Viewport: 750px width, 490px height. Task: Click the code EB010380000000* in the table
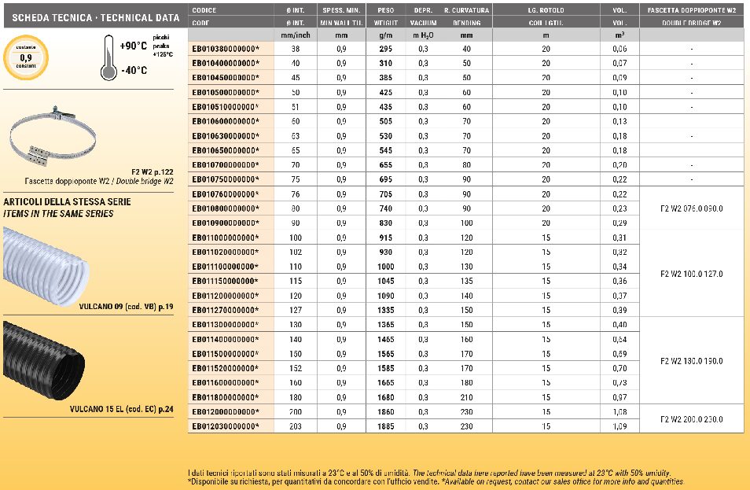225,49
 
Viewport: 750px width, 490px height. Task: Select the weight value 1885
385,426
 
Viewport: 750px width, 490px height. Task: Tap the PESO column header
385,10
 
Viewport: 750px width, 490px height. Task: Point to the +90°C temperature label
134,46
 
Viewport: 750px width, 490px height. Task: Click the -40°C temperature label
134,70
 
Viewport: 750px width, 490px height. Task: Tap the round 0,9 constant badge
26,57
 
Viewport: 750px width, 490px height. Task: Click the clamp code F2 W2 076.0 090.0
692,208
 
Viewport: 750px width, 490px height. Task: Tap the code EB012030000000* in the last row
225,426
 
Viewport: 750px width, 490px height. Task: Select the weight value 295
385,49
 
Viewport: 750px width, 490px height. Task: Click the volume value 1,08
619,411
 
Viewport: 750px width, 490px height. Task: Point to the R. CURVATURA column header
466,10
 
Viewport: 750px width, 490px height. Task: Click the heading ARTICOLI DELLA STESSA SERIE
67,202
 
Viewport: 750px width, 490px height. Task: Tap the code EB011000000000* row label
225,238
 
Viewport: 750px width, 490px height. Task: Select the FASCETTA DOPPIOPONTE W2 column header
692,10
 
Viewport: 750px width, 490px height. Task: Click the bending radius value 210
466,397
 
